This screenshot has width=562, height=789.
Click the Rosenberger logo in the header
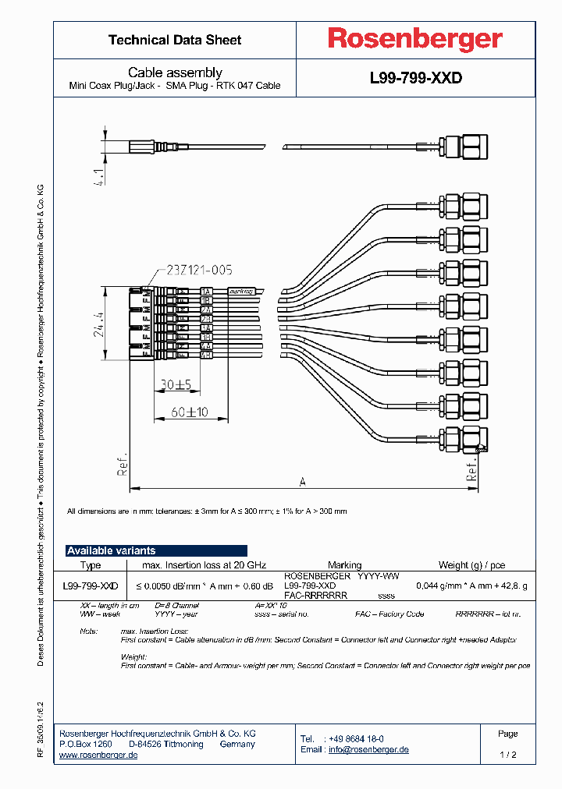pos(414,39)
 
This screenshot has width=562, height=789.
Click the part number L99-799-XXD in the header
pos(415,79)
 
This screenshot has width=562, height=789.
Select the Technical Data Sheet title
pos(175,40)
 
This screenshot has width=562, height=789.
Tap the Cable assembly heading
pos(175,73)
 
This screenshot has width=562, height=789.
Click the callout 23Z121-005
pos(198,271)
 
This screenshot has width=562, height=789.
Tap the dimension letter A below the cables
pos(301,481)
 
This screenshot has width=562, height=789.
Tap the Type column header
pos(91,565)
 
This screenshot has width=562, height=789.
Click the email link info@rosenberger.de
pos(368,750)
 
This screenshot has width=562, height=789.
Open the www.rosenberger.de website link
pos(98,755)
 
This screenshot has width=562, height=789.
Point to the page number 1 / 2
pos(507,755)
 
